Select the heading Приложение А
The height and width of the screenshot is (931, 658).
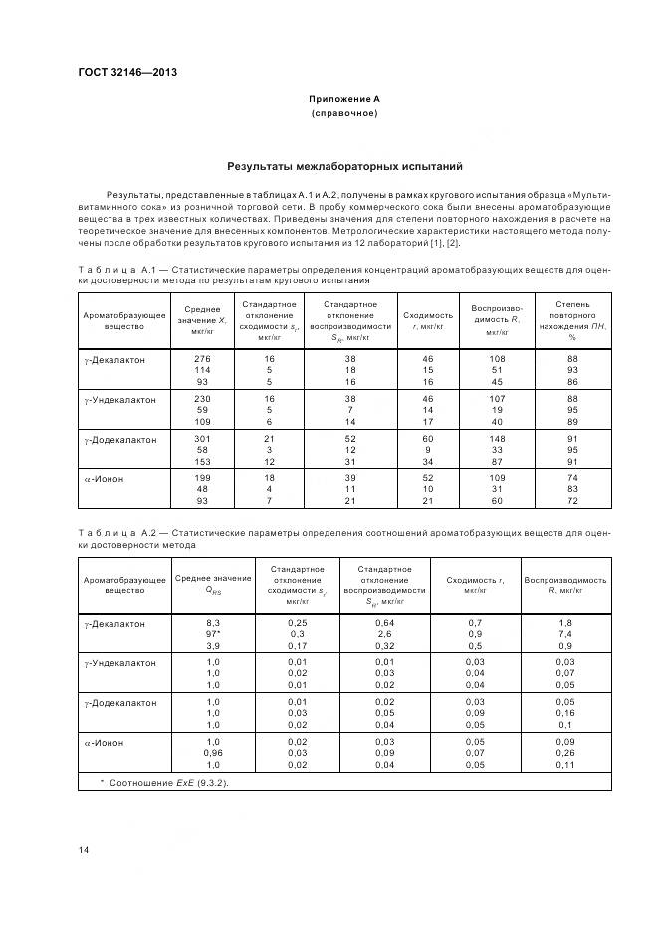[343, 99]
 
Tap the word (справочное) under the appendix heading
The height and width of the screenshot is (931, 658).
[343, 113]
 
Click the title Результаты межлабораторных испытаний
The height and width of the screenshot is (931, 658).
[343, 167]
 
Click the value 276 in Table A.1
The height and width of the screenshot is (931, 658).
[202, 358]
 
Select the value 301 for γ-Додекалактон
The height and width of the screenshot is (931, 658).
[202, 440]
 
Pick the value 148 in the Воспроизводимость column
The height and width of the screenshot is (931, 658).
[496, 440]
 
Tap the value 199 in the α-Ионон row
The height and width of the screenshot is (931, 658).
[202, 479]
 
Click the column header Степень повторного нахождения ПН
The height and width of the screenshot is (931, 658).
[572, 318]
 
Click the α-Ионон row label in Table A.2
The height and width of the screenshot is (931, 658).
[106, 743]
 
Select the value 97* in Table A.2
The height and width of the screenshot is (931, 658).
[213, 635]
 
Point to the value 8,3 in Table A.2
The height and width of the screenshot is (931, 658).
[212, 623]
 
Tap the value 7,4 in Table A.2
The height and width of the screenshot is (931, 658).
[565, 635]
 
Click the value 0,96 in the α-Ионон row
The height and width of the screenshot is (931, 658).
[212, 754]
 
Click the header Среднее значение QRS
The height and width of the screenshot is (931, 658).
[212, 584]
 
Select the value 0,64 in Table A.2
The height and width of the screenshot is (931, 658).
[385, 623]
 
